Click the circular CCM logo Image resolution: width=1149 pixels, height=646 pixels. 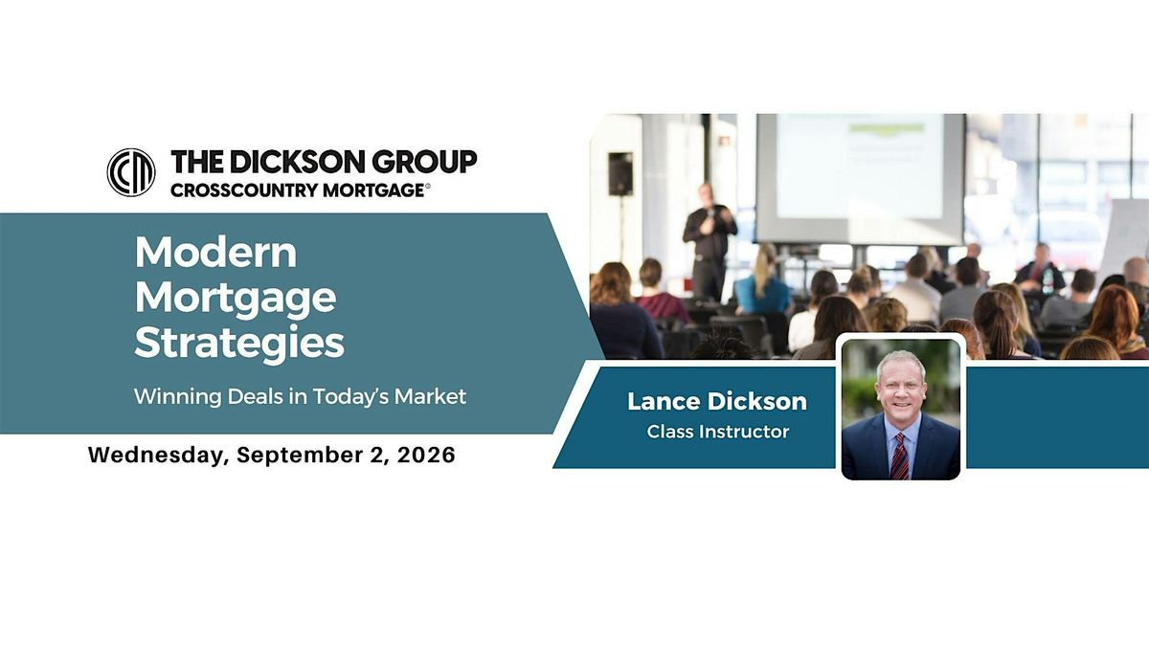tap(131, 173)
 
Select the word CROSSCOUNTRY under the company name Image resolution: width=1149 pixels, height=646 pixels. tap(244, 190)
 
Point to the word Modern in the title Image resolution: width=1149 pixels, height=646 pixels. tap(216, 253)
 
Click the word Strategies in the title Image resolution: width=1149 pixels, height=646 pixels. tap(239, 343)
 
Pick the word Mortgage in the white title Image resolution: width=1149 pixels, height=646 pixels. tap(236, 299)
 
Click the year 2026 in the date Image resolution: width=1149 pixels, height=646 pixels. tap(426, 456)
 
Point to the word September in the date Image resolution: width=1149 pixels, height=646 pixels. tap(299, 456)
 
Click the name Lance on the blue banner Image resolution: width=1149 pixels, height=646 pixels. tap(660, 401)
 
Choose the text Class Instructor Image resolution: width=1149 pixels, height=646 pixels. tap(717, 432)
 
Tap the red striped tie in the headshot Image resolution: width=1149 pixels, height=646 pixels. tap(900, 456)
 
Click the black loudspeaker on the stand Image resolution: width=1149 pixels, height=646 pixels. tap(620, 174)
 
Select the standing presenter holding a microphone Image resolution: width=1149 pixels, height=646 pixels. tap(710, 242)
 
